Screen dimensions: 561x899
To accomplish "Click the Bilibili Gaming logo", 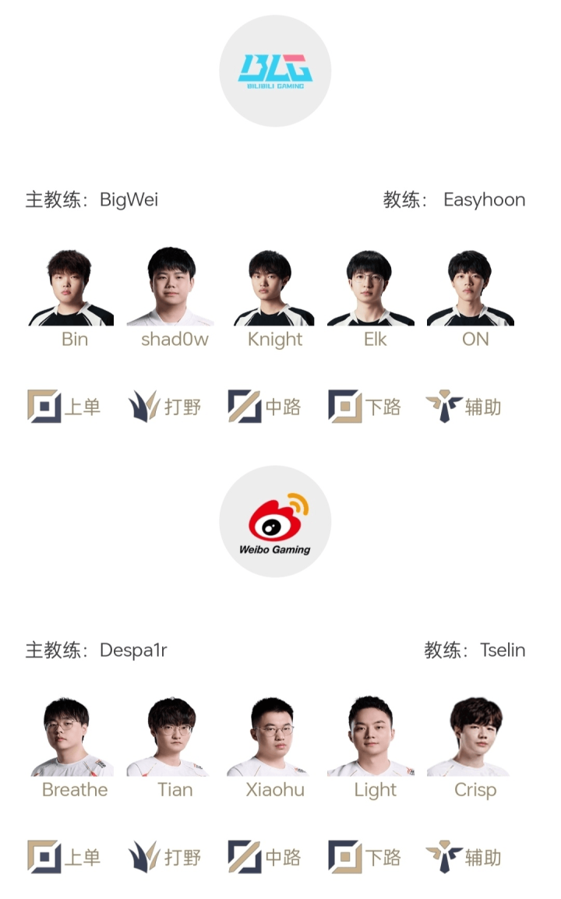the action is pyautogui.click(x=275, y=71).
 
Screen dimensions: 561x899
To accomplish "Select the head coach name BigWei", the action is pyautogui.click(x=129, y=200).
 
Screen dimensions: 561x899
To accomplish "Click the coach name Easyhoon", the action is pyautogui.click(x=484, y=200).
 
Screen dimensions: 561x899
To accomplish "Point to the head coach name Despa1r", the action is pyautogui.click(x=133, y=650).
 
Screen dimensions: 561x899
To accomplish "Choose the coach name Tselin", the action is pyautogui.click(x=503, y=650).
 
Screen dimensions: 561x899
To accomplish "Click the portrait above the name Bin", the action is pyautogui.click(x=71, y=287).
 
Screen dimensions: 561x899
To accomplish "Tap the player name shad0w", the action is pyautogui.click(x=175, y=340).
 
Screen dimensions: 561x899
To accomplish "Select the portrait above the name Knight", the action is pyautogui.click(x=273, y=287).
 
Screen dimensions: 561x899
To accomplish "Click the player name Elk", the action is pyautogui.click(x=375, y=340).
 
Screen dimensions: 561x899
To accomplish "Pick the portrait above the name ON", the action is pyautogui.click(x=471, y=287).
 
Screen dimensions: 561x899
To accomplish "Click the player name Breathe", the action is pyautogui.click(x=75, y=789).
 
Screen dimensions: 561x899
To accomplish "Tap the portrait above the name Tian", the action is pyautogui.click(x=170, y=737).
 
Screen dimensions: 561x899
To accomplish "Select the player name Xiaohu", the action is pyautogui.click(x=275, y=789).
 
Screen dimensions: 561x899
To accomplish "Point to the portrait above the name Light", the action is pyautogui.click(x=370, y=737).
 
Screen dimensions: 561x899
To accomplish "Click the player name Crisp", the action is pyautogui.click(x=475, y=790).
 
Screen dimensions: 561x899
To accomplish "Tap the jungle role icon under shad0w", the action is pyautogui.click(x=143, y=407).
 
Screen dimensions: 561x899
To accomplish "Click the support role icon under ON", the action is pyautogui.click(x=444, y=407).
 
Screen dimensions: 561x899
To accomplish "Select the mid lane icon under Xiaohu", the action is pyautogui.click(x=245, y=857).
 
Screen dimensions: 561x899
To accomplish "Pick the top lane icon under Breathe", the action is pyautogui.click(x=44, y=857).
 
